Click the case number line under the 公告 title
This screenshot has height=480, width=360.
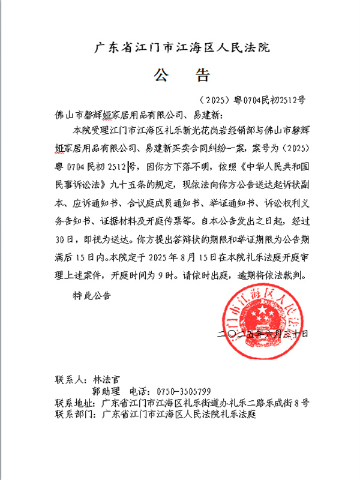click(x=251, y=99)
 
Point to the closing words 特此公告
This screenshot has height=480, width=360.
click(x=91, y=295)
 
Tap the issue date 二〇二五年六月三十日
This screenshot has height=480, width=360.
click(x=265, y=332)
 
